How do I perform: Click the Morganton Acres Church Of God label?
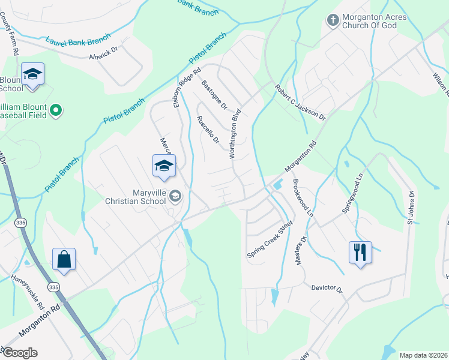(x=374, y=21)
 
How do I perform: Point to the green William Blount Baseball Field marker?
(x=56, y=110)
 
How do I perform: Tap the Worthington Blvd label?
(x=235, y=133)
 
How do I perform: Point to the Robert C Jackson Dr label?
(x=300, y=102)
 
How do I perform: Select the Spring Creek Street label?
(x=270, y=240)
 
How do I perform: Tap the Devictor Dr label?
(x=327, y=289)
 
